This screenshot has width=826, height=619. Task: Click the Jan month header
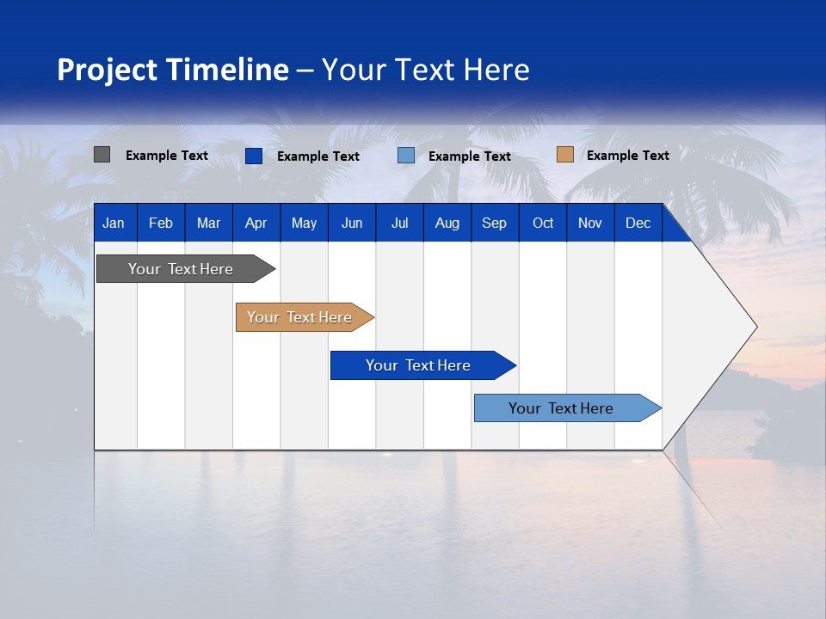coord(114,223)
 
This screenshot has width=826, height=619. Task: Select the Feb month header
coord(161,223)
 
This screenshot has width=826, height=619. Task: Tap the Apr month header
coord(256,223)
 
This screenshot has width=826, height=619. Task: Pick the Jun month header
coord(351,223)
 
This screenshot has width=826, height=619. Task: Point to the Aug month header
coord(447,223)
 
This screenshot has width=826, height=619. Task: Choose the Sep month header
coord(494,223)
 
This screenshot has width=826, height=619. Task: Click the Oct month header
coord(543,223)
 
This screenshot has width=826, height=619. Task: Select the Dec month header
coord(638,223)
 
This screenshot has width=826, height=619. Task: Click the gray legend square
coord(102,155)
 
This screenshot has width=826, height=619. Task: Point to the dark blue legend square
coord(253,156)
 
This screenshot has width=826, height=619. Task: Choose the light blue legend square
coord(406,156)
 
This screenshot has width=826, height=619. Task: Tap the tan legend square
coord(564,155)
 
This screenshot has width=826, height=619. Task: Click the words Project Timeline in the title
coord(173,70)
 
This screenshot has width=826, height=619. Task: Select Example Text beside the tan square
coord(627,155)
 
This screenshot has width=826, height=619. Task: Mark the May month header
coord(304,223)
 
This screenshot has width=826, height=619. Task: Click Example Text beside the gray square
coord(166,155)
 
